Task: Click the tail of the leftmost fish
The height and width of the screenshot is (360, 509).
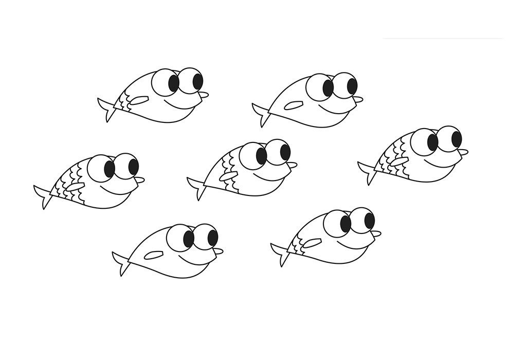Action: [x=44, y=195]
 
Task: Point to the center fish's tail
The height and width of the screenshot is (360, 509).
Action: [x=197, y=186]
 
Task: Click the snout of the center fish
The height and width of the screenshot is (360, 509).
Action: [x=292, y=165]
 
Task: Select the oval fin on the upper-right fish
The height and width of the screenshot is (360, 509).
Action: [x=293, y=106]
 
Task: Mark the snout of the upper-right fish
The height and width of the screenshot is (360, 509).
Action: [x=358, y=99]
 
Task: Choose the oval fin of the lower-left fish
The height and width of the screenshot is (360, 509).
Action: [x=154, y=254]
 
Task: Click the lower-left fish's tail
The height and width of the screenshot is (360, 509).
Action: [x=122, y=262]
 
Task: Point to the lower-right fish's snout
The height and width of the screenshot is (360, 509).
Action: [x=375, y=233]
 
